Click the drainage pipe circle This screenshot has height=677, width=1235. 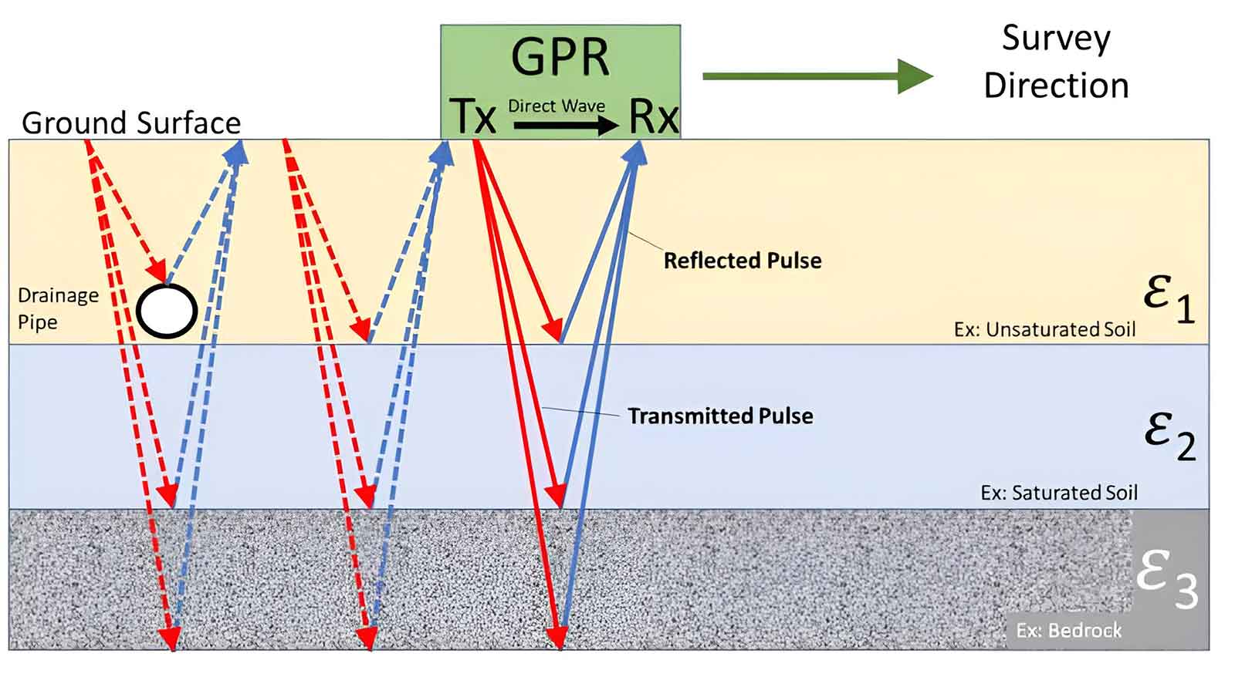click(x=167, y=311)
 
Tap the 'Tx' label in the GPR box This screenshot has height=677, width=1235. click(x=472, y=116)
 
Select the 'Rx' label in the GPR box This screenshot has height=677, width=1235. click(x=653, y=116)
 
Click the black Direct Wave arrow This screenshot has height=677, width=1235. click(x=566, y=125)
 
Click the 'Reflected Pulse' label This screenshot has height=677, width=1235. click(x=743, y=261)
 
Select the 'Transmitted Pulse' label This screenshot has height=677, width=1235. click(x=720, y=416)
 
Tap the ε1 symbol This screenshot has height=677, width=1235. click(x=1169, y=298)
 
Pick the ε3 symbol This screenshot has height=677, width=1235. click(x=1166, y=579)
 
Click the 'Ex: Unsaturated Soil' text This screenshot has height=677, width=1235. click(x=1044, y=330)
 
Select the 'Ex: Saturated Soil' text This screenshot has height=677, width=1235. click(x=1059, y=493)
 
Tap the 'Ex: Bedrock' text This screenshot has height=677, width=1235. click(x=1068, y=631)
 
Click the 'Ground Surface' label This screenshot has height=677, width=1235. click(x=131, y=123)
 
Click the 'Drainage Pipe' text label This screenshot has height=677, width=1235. click(x=58, y=308)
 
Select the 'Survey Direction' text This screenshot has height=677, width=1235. click(x=1056, y=62)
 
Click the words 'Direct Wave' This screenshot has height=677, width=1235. click(x=556, y=106)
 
